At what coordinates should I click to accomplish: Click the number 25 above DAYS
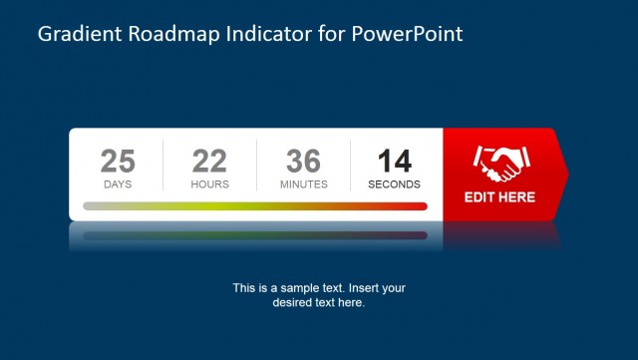(x=118, y=161)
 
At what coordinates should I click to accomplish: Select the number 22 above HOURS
(x=209, y=161)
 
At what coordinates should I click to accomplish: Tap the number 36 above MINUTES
(x=303, y=161)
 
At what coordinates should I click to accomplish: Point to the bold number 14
(x=394, y=161)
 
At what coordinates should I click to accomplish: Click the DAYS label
(x=118, y=184)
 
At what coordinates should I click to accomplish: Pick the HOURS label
(x=209, y=184)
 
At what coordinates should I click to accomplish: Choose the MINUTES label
(x=303, y=184)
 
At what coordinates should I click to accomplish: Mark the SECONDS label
(x=394, y=184)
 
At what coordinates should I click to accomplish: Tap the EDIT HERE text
(x=499, y=197)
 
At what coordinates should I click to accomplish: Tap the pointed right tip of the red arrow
(x=567, y=175)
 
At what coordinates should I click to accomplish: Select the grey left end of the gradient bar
(x=90, y=206)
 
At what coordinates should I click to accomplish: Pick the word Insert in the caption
(x=358, y=288)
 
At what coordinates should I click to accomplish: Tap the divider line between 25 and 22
(x=162, y=166)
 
